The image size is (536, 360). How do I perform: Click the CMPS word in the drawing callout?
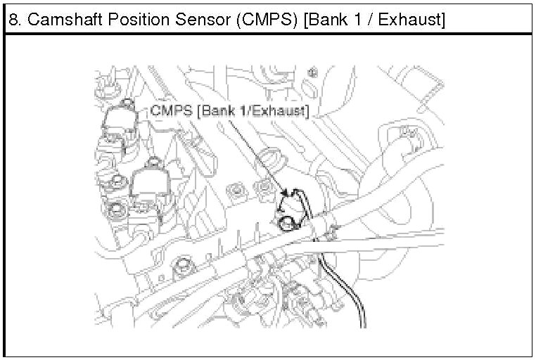172,111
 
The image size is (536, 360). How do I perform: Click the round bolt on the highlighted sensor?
285,224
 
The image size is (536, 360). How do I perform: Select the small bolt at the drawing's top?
314,72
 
